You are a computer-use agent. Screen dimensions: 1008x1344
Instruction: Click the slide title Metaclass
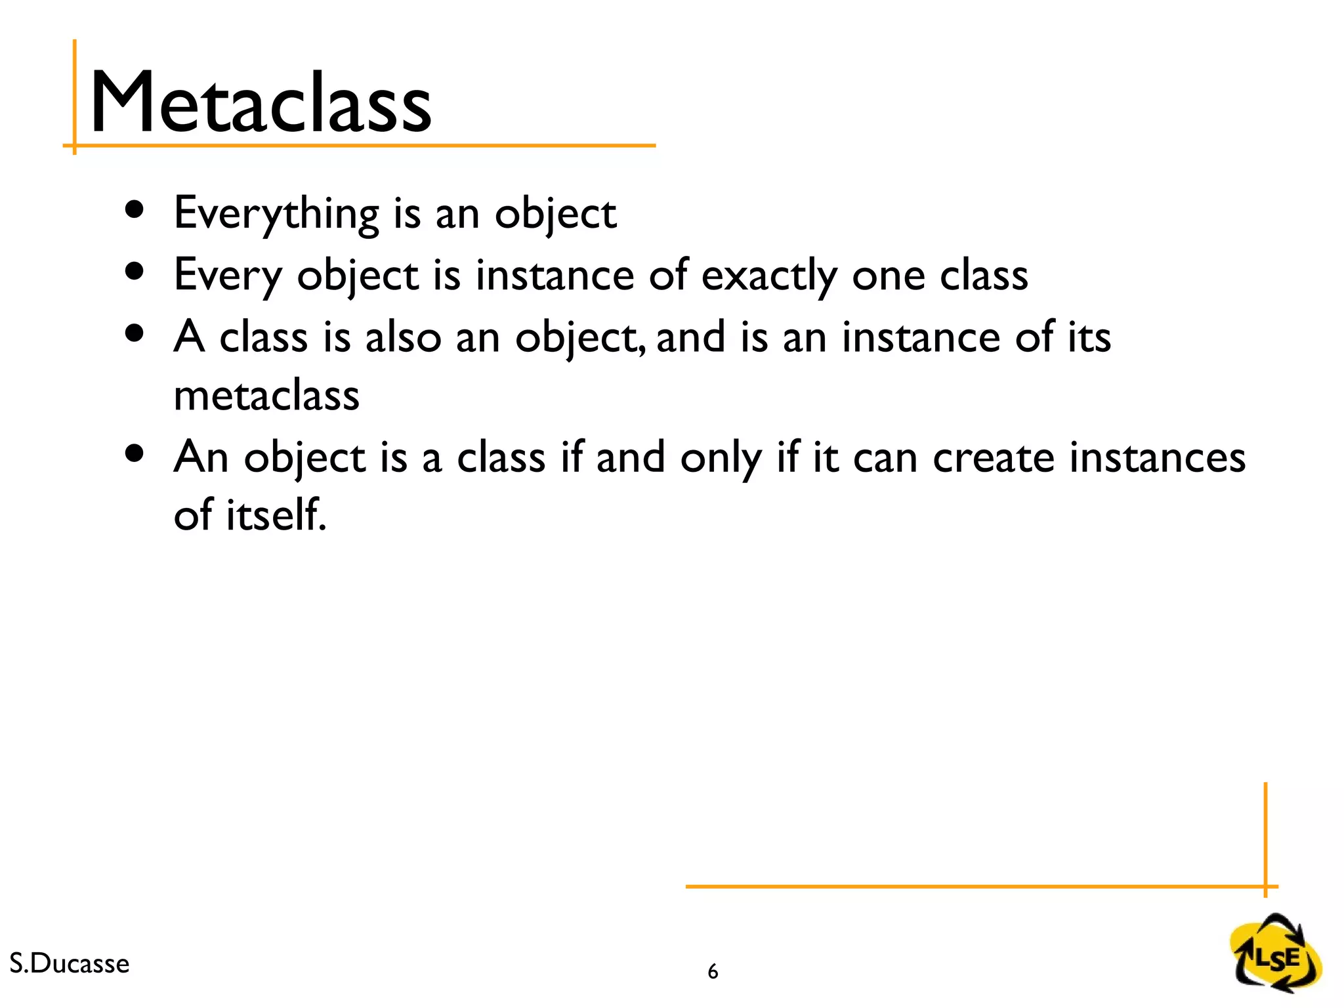pyautogui.click(x=261, y=104)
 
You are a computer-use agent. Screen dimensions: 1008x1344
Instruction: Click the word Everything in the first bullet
pyautogui.click(x=276, y=214)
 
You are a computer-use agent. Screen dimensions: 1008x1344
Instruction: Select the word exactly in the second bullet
pyautogui.click(x=768, y=276)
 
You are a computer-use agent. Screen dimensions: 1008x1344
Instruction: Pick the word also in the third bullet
pyautogui.click(x=403, y=337)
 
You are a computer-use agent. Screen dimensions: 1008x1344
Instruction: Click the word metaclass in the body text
pyautogui.click(x=266, y=396)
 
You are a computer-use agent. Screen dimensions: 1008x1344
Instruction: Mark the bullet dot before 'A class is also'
pyautogui.click(x=135, y=333)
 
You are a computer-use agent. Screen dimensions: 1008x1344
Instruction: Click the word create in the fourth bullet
pyautogui.click(x=993, y=457)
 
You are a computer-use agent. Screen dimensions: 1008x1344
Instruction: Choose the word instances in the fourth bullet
pyautogui.click(x=1157, y=457)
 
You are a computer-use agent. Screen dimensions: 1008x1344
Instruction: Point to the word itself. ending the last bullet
pyautogui.click(x=276, y=515)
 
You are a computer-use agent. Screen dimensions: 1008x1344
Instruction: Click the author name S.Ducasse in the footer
pyautogui.click(x=70, y=963)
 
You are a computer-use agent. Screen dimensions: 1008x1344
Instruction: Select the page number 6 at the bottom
pyautogui.click(x=713, y=971)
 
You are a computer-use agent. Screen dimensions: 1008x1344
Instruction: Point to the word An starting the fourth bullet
pyautogui.click(x=201, y=457)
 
